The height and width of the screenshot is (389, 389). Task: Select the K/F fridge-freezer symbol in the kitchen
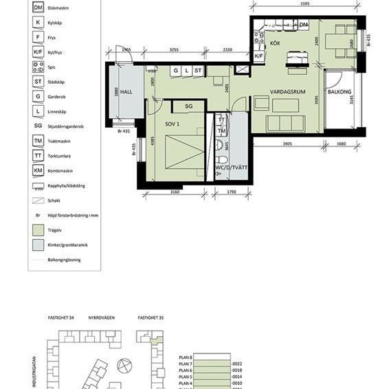tap(259, 56)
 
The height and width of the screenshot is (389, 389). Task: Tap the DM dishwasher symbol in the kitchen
tap(304, 25)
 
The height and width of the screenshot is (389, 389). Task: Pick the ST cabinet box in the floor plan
tap(198, 70)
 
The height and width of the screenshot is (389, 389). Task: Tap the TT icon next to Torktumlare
tap(38, 156)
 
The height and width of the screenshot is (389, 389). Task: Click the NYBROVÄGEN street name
tap(100, 318)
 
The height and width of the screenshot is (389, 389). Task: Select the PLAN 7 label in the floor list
tap(184, 364)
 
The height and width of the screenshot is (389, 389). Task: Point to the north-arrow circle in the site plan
tap(123, 366)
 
